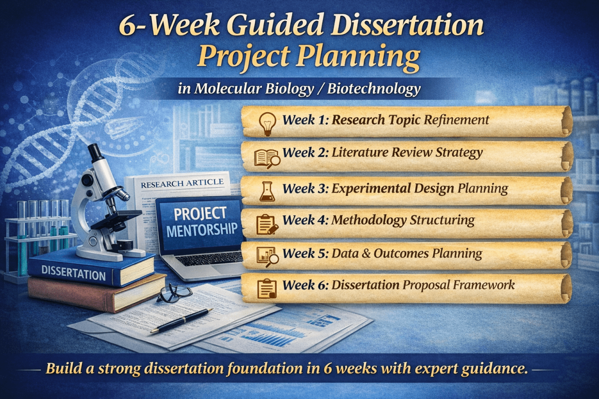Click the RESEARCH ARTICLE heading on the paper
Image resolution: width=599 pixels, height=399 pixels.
182,184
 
